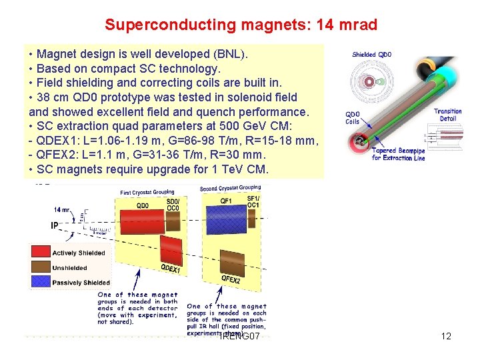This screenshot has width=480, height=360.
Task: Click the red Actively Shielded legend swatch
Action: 41,253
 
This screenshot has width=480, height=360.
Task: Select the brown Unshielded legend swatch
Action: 41,267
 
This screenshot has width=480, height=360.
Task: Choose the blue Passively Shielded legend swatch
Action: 41,282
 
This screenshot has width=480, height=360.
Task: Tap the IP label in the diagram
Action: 55,225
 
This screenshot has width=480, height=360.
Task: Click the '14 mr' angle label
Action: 63,209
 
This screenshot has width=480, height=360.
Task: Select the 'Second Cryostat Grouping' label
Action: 230,188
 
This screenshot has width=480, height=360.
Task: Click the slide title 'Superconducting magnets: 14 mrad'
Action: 241,25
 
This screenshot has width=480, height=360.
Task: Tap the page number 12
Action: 446,336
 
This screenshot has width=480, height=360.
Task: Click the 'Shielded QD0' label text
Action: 372,55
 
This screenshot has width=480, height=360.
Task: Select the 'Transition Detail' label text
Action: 447,115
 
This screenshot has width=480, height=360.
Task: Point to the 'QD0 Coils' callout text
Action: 353,118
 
